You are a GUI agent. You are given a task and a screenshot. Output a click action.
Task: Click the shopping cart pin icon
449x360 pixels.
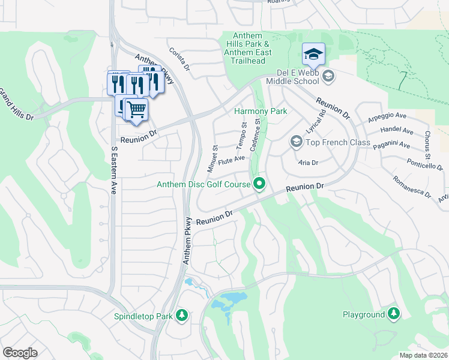pos(137,110)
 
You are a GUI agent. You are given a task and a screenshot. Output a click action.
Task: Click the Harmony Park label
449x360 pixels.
pos(260,111)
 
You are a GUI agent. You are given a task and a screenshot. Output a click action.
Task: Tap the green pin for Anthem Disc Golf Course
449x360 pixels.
pos(259,184)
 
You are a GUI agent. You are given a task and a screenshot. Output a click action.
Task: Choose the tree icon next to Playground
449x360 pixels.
pos(393,314)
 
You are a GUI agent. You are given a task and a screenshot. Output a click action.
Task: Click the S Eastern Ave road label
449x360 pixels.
pos(113,170)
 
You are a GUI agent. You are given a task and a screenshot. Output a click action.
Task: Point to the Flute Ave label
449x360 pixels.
pos(232,160)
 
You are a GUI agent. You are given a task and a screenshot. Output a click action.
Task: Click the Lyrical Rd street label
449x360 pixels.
pos(315,122)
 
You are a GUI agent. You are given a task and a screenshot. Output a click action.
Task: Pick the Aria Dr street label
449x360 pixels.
pos(307,163)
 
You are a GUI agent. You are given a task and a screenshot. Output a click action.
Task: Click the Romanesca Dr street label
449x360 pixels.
pos(411,186)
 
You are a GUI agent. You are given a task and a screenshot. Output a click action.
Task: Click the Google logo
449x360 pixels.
pos(20,353)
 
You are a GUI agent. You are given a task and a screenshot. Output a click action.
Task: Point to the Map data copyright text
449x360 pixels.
pos(423,355)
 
